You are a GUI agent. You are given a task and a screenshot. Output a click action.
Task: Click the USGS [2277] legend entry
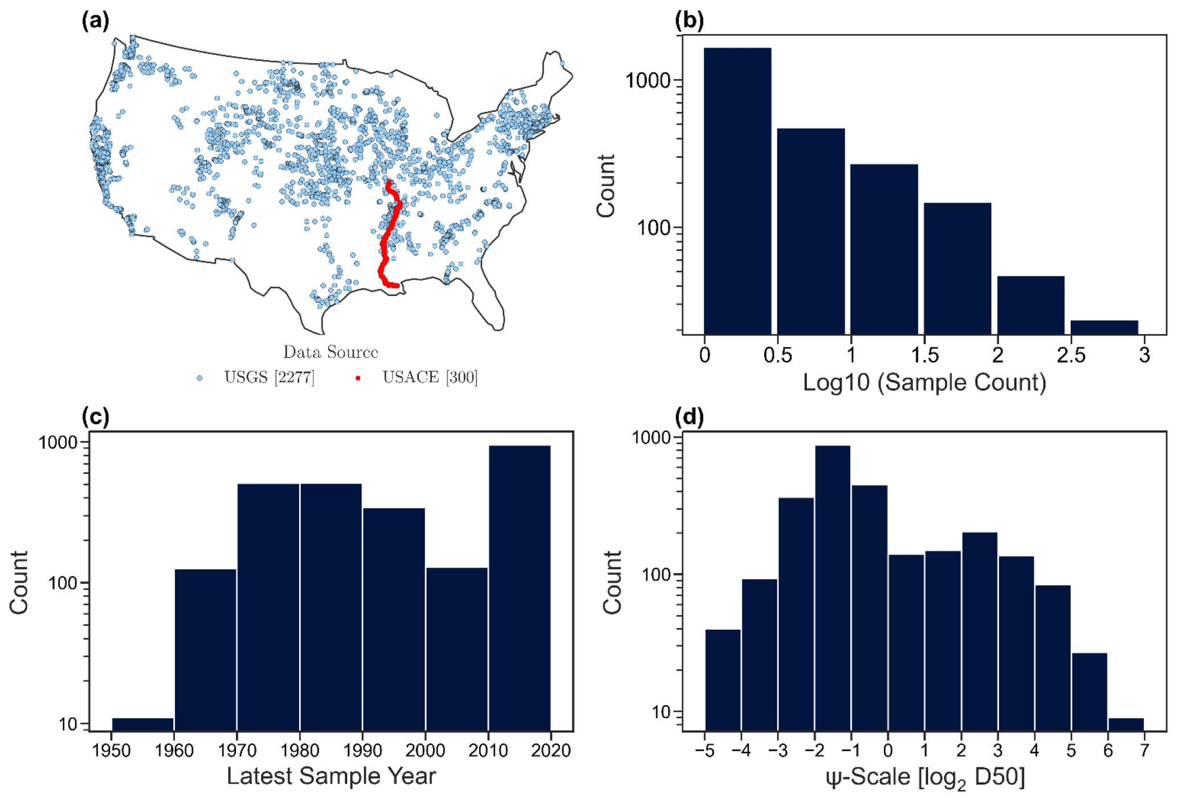click(268, 378)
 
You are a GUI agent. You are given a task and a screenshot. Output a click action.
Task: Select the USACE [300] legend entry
click(429, 378)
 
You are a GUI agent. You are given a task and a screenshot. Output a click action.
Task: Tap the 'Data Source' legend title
click(331, 353)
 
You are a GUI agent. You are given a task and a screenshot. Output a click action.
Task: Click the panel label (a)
click(95, 21)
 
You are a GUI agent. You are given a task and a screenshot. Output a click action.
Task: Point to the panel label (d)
click(689, 418)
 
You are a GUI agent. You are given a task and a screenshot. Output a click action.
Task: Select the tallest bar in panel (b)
click(737, 191)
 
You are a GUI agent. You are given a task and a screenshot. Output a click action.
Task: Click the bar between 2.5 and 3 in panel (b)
click(1104, 327)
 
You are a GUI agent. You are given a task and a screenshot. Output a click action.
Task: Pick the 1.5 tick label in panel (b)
click(924, 355)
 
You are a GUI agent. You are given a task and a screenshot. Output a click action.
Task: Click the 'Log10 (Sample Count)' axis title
click(924, 382)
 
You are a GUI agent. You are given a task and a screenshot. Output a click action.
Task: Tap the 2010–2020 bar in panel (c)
click(519, 588)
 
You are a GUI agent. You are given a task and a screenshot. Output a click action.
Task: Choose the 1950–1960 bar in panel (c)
click(142, 724)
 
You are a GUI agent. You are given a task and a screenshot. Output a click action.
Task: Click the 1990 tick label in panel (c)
click(362, 750)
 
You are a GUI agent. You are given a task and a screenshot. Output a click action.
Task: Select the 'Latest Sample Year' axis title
click(331, 776)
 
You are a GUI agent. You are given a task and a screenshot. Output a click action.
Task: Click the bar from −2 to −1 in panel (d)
click(832, 588)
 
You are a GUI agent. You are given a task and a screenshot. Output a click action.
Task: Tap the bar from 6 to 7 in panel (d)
click(1126, 724)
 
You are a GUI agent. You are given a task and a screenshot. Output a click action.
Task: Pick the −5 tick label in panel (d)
click(704, 751)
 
